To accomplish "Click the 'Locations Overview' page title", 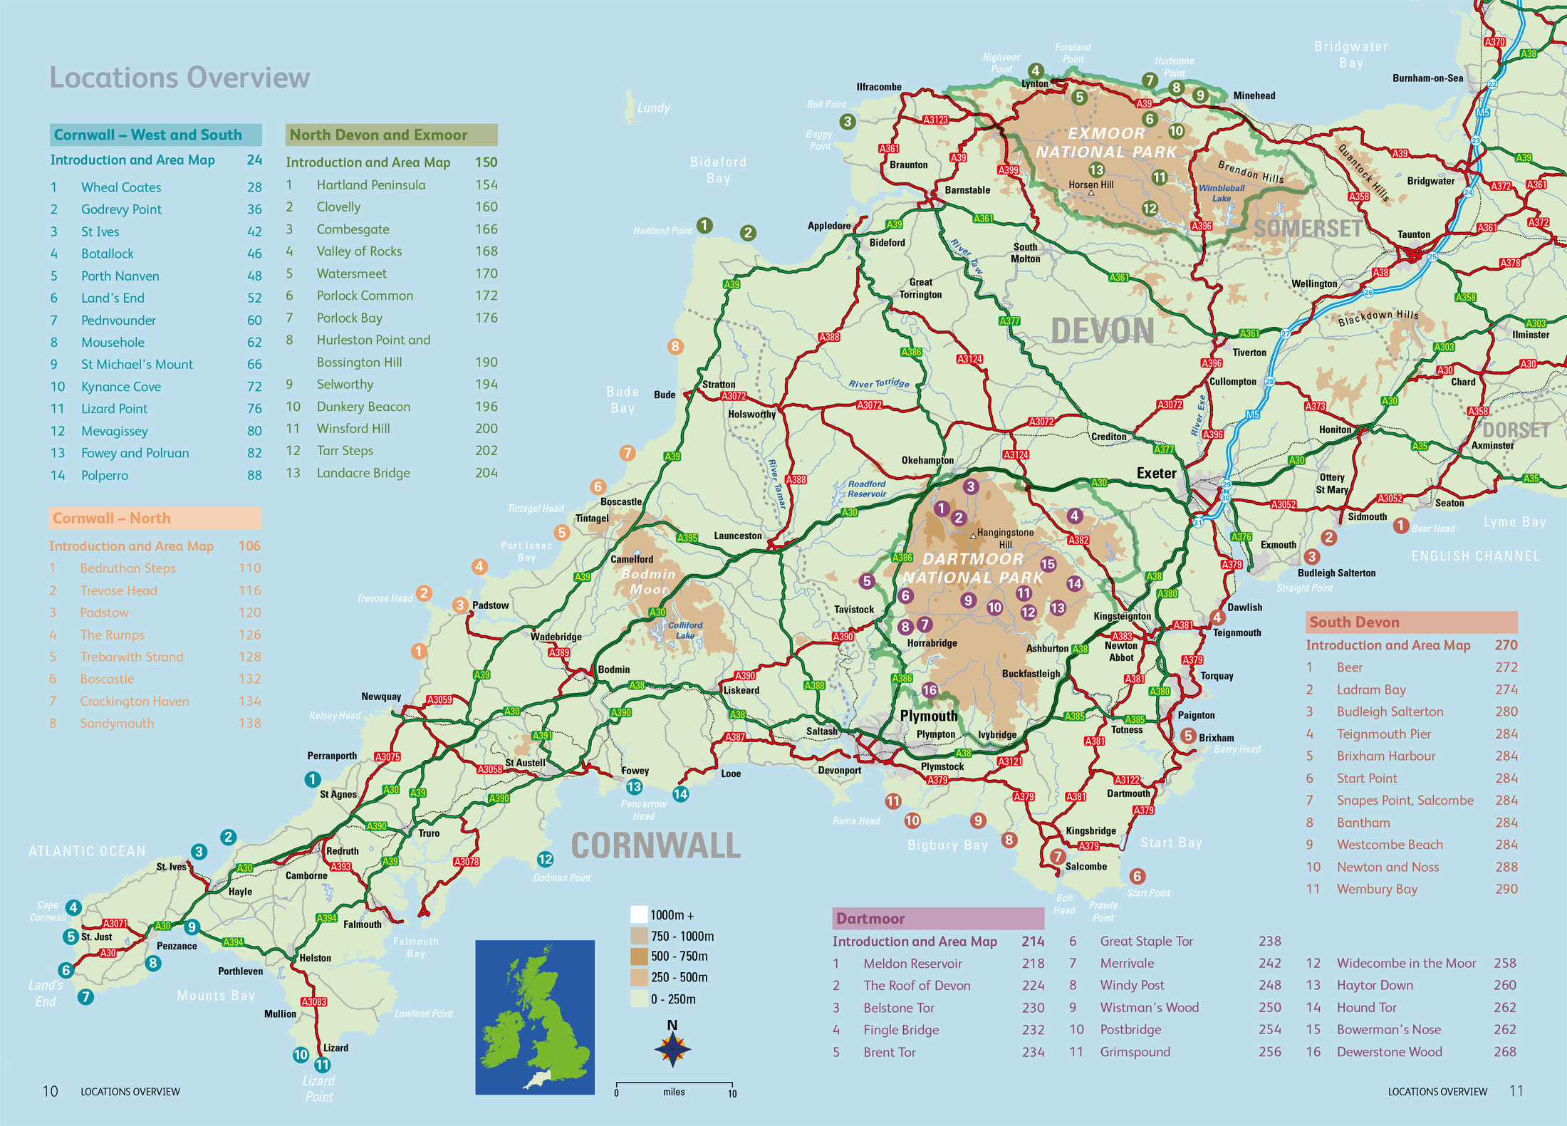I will [x=179, y=77].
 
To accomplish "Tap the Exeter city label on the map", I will [x=1156, y=473].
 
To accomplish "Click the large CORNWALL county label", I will [x=655, y=845].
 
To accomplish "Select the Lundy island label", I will [x=653, y=108].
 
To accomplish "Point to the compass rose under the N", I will [x=672, y=1049].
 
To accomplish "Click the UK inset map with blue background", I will [x=534, y=1017].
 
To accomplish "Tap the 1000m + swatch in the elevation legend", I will [x=639, y=914].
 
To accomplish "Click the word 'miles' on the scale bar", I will [x=674, y=1092].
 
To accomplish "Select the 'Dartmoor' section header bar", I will [x=938, y=918].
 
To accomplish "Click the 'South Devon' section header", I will [x=1411, y=622].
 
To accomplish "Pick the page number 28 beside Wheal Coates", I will [x=254, y=187].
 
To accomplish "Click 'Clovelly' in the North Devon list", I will [x=338, y=207].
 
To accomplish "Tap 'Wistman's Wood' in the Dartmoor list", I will [x=1149, y=1007].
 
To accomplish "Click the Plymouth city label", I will [x=928, y=716].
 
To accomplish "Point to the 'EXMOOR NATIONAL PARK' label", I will [x=1105, y=142].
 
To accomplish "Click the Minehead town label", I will [x=1254, y=95].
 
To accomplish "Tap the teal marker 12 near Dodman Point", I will [x=545, y=859].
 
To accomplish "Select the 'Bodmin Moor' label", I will [x=647, y=581].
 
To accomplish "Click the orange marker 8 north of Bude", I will [x=675, y=347].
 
